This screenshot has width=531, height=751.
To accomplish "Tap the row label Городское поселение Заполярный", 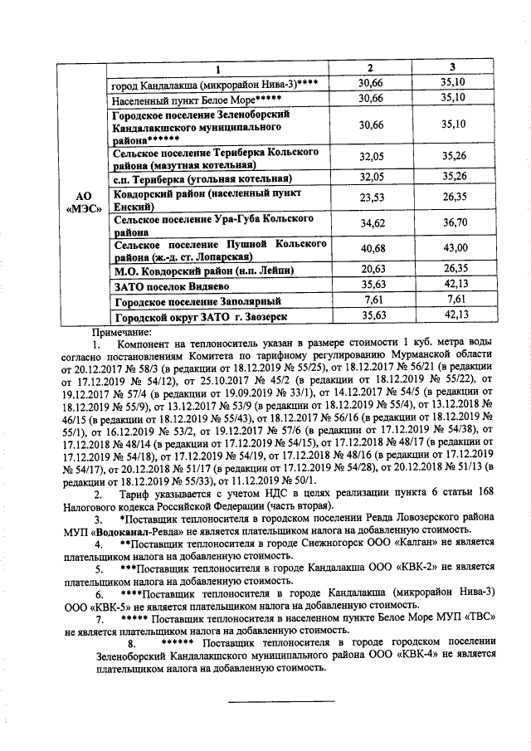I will pyautogui.click(x=197, y=300).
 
